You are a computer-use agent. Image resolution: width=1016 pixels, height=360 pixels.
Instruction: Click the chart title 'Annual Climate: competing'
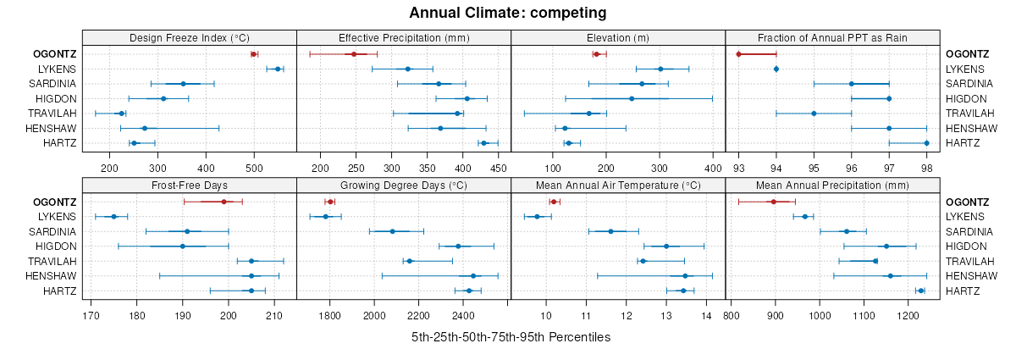(508, 13)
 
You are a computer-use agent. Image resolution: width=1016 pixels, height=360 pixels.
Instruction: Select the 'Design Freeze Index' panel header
(190, 38)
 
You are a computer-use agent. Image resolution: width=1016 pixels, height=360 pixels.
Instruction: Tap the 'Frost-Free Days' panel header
(190, 186)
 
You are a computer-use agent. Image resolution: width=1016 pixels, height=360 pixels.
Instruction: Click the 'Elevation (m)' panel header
(618, 38)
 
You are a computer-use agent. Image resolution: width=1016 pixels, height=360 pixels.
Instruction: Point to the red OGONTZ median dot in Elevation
(596, 54)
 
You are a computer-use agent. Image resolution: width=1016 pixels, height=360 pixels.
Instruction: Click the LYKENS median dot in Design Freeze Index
(278, 69)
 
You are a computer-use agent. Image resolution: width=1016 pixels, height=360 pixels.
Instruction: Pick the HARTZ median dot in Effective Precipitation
(483, 143)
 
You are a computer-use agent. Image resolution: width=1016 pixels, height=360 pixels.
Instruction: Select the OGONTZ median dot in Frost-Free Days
(224, 202)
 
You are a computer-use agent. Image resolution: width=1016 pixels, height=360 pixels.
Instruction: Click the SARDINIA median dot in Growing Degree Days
(392, 231)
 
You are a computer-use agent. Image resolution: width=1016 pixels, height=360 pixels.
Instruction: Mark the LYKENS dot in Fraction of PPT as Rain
(776, 69)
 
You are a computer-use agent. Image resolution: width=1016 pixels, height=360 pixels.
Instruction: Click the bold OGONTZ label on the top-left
(54, 54)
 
